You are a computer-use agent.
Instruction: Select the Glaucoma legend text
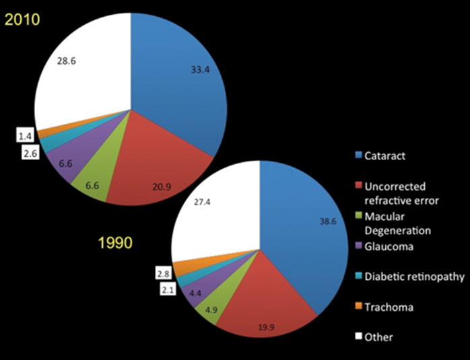(390, 246)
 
